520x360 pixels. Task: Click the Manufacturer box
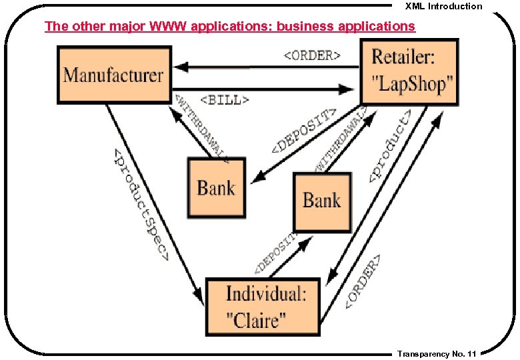114,74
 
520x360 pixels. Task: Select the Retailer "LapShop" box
409,72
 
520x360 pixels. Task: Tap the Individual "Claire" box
264,307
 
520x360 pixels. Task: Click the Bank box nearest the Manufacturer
216,187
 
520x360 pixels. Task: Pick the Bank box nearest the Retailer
322,201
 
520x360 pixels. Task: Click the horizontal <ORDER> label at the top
312,55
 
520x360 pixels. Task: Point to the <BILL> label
225,100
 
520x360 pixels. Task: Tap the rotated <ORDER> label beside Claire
364,281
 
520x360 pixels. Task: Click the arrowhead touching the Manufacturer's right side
181,67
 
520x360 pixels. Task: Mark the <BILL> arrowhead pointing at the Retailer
347,89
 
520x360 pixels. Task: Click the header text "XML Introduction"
443,6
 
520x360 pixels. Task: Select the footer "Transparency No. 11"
436,354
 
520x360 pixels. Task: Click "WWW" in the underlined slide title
169,27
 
